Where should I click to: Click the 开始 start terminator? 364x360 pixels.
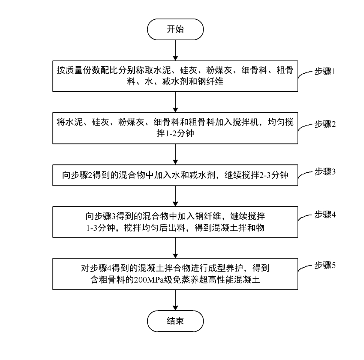tap(175, 29)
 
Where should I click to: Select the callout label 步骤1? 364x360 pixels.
tap(325, 72)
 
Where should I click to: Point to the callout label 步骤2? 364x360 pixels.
tap(325, 124)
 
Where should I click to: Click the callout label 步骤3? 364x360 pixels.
tap(325, 172)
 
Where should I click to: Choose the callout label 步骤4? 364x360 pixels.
tap(325, 215)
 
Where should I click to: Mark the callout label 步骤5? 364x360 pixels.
tap(325, 265)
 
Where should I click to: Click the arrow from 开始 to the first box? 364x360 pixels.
tap(175, 50)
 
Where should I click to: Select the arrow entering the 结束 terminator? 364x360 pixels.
tap(175, 300)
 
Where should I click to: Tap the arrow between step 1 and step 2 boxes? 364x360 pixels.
tap(175, 102)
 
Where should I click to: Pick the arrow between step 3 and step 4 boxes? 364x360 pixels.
tap(175, 196)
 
